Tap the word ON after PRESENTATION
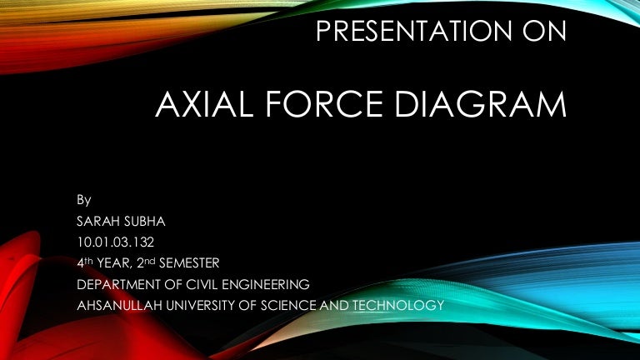point(544,32)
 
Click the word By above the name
point(83,200)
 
